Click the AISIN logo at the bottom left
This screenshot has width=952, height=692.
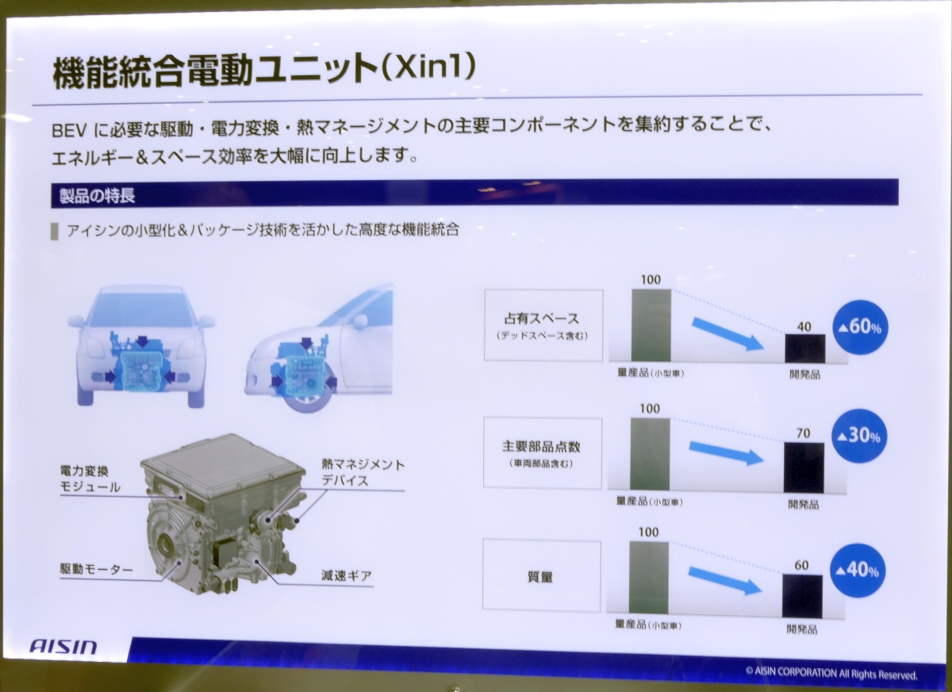click(x=64, y=646)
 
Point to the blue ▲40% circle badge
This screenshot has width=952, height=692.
click(x=858, y=570)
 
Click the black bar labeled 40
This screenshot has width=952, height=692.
click(x=804, y=348)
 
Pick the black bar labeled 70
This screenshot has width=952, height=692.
click(x=804, y=467)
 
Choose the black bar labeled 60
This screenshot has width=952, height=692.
click(x=802, y=595)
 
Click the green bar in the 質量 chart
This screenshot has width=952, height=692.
click(x=648, y=577)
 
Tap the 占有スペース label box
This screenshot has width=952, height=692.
click(x=543, y=325)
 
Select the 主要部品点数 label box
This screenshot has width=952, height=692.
click(x=543, y=452)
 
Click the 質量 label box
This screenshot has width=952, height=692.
click(x=541, y=576)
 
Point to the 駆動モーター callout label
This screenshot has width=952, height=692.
click(x=96, y=570)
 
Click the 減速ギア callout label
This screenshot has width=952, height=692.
click(x=347, y=575)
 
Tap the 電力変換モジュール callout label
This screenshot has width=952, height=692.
click(x=90, y=479)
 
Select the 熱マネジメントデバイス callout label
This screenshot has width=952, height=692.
click(x=363, y=471)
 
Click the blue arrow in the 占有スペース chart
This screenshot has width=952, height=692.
click(x=726, y=333)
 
